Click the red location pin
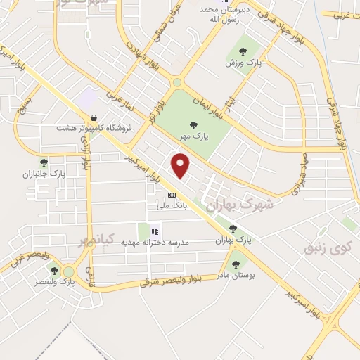tap(181, 165)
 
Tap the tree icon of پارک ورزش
tap(243, 51)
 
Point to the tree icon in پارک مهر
tap(193, 125)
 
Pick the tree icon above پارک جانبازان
tap(44, 162)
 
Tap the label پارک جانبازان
tap(43, 174)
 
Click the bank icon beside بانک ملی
tap(171, 194)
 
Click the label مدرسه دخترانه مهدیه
tap(156, 242)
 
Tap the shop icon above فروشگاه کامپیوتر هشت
tap(93, 117)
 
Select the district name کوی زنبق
tap(327, 247)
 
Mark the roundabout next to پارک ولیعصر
tap(68, 271)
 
